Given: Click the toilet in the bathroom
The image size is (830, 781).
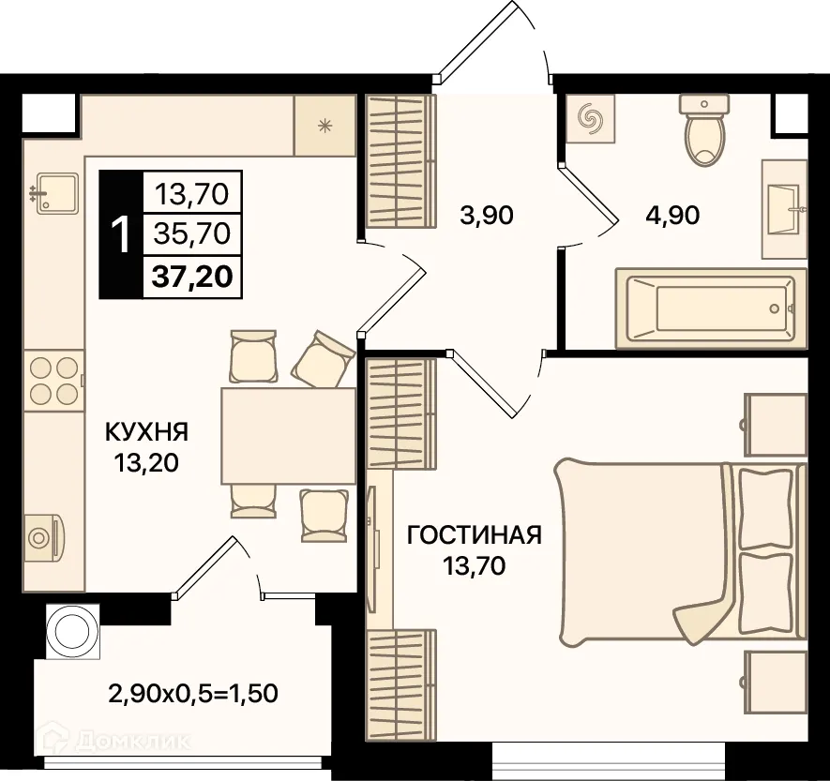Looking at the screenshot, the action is point(703,130).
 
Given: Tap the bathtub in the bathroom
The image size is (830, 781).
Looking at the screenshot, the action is point(711,308).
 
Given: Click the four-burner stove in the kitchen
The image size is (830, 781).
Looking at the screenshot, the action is point(54,381).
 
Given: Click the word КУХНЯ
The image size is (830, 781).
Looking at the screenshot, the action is point(147,432).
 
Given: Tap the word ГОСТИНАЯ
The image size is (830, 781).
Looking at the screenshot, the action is point(475,535).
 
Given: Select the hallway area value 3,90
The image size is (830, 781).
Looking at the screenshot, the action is point(487,216).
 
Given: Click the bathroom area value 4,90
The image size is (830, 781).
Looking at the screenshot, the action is point(672,216).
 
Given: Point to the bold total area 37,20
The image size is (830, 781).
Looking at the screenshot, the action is point(192,277).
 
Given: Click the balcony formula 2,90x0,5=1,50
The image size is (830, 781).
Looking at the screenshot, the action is point(193,693).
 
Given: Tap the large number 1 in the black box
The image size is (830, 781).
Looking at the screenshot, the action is point(121,235).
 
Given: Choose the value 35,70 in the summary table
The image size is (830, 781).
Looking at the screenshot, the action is point(192,233).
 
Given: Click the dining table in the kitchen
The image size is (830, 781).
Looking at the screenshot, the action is point(289,435).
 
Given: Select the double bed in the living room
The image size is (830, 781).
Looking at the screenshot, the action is point(681,553).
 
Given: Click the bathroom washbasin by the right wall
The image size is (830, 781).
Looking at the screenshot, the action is point(784,209).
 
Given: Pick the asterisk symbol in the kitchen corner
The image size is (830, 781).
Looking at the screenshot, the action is point(324,126).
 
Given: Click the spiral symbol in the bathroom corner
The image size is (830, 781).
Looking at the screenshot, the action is point(590,118).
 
